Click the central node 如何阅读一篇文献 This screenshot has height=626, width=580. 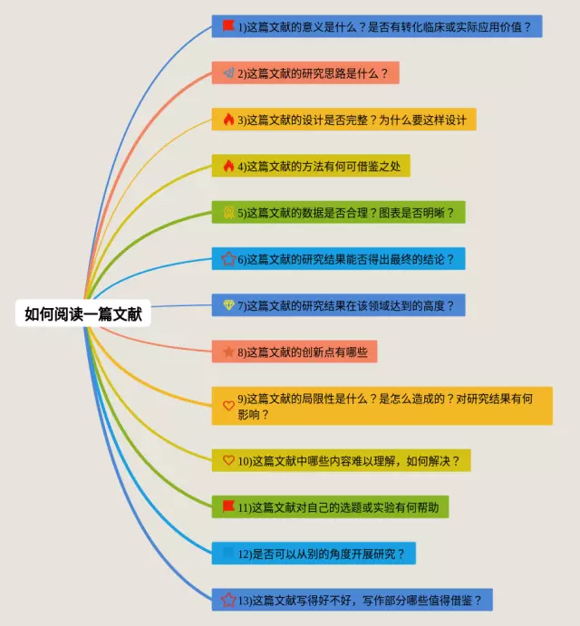[82, 313]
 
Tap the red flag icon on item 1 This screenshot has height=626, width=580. [228, 26]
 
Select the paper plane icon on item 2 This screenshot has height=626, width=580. [228, 73]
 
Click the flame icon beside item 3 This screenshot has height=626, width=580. [228, 120]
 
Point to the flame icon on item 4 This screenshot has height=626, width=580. [228, 166]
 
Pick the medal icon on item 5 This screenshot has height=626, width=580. [228, 212]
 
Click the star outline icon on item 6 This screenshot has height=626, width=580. [228, 259]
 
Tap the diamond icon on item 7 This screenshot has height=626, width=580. [228, 305]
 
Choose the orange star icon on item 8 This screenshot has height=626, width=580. [228, 352]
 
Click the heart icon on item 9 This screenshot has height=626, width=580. [228, 405]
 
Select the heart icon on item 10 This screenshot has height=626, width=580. [228, 460]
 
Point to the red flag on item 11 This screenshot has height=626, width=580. [228, 506]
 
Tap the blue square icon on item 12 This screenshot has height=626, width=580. [228, 553]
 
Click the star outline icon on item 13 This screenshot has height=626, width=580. [228, 599]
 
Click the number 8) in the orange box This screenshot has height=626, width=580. [243, 352]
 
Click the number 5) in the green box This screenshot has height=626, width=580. [243, 213]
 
